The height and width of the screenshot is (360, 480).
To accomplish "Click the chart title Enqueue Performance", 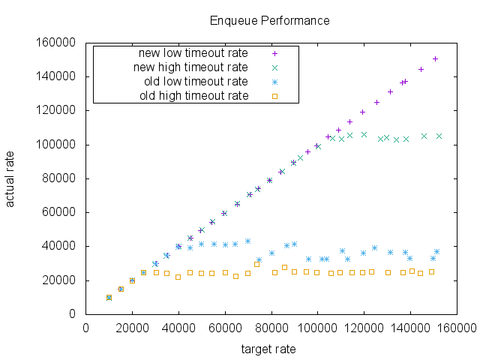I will point(269,20).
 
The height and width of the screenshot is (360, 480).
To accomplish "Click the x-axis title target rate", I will point(268,349).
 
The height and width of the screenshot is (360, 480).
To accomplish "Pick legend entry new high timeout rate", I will point(190,67).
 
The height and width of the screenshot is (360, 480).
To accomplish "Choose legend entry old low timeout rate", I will point(196,82).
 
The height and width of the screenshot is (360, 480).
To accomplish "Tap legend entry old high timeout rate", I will point(193,96).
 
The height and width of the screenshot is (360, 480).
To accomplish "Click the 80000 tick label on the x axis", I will point(271,328).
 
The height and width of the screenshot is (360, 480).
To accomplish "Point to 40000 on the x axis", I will point(178,328).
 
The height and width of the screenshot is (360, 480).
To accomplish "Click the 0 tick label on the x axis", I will point(85,328).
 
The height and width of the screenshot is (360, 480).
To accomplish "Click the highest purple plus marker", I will point(435,58).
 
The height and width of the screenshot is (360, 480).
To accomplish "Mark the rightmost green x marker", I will point(439,136).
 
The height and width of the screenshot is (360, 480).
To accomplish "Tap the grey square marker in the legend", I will point(274,96).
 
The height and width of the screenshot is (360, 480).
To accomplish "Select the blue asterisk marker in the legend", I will point(274,82).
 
